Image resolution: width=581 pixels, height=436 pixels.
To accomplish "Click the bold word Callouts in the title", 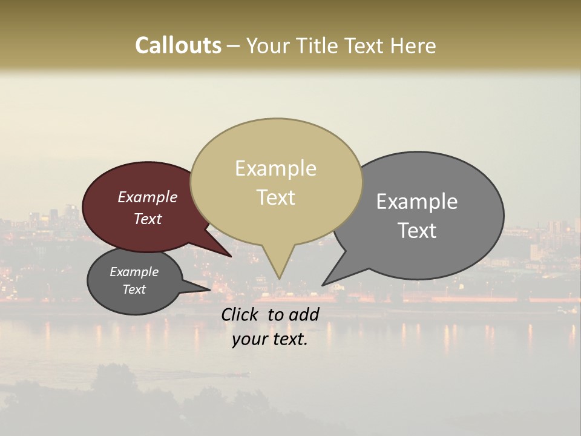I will pos(178,45).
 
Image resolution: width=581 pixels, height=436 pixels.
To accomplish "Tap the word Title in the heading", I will pos(318,45).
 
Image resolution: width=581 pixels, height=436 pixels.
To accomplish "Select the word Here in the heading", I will pos(414,45).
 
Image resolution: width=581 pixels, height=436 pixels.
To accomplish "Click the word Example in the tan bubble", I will pos(275,168).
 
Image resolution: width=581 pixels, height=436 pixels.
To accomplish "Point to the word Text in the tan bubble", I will pos(275,197).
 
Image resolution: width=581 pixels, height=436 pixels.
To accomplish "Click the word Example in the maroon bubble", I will pos(148,197).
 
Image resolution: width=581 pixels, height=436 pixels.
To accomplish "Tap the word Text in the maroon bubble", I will pos(148,219).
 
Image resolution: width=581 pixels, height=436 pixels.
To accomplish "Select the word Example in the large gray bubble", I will pos(417,202).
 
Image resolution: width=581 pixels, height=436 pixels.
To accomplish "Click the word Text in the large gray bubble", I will pos(417,231).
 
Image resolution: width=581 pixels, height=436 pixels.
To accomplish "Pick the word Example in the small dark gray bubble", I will pos(134,272).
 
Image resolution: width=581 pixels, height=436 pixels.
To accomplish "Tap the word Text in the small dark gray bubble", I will pos(134,289).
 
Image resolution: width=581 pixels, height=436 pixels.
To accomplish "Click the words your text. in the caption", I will pos(270,339).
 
